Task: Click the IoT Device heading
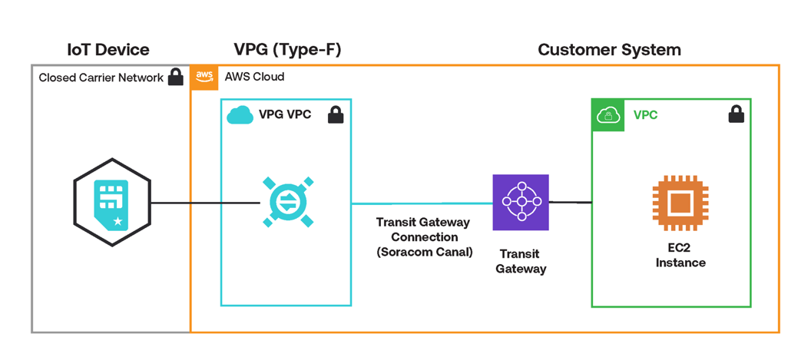coord(108,51)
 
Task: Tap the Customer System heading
coord(608,51)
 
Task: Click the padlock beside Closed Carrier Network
coord(176,77)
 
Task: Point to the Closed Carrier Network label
coord(101,78)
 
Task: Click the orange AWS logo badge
coord(204,77)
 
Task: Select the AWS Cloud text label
coord(254,77)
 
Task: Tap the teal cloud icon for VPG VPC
coord(240,115)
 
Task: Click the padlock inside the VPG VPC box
coord(336,115)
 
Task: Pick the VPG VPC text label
coord(285,115)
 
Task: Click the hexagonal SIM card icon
coord(112,203)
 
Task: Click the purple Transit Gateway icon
coord(521,203)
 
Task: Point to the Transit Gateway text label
coord(521,261)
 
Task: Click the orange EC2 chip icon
coord(680,203)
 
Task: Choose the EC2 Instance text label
coord(680,256)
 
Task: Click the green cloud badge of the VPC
coord(607,115)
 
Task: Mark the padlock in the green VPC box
coord(736,115)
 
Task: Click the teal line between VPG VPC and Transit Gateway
coord(422,203)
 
